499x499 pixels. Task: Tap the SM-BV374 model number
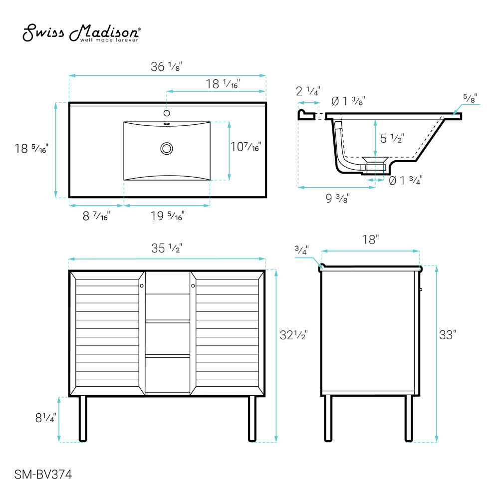[x=43, y=475]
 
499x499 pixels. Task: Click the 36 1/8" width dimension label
[x=166, y=67]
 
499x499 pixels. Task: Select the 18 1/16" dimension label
[x=223, y=84]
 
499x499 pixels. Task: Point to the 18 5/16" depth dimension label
[x=31, y=148]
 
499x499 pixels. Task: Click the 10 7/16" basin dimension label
[x=246, y=147]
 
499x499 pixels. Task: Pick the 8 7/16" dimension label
[x=96, y=216]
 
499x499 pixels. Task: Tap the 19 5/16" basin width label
[x=167, y=216]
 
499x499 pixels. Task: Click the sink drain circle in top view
[x=167, y=148]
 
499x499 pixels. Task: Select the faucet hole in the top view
[x=167, y=113]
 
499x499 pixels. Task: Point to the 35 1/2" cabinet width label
[x=166, y=248]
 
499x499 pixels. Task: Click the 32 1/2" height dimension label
[x=294, y=335]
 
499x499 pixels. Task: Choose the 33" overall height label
[x=448, y=335]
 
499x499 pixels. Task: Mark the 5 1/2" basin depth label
[x=392, y=138]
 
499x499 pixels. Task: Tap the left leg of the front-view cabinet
[x=83, y=419]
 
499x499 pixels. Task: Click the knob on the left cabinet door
[x=142, y=286]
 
